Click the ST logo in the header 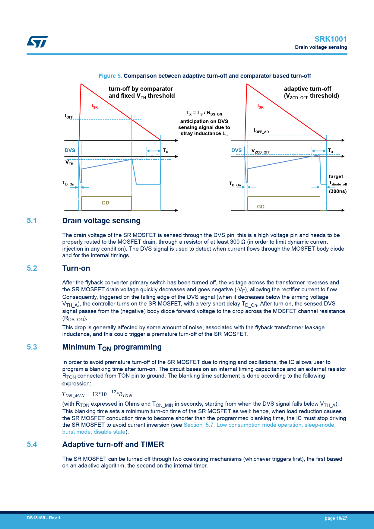(37, 42)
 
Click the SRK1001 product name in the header (331, 39)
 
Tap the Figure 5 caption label (110, 76)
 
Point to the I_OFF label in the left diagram (69, 116)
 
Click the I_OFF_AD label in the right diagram (261, 131)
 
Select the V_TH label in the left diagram (69, 163)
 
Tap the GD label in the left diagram (105, 203)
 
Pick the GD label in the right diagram (261, 207)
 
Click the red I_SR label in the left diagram (95, 106)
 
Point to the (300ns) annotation (338, 192)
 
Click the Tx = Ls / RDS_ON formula (204, 113)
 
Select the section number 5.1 (32, 221)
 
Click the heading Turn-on (76, 268)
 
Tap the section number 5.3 (32, 347)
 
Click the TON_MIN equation (97, 394)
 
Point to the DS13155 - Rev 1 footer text (43, 518)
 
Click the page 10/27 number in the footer (336, 518)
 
